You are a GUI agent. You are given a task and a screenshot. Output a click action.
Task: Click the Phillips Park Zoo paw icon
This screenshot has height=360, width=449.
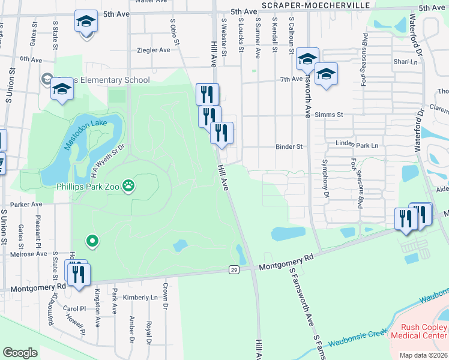point(128,186)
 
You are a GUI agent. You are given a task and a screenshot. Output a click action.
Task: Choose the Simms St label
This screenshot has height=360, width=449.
point(330,114)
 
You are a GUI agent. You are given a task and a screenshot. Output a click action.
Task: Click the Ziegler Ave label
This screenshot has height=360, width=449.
point(154,50)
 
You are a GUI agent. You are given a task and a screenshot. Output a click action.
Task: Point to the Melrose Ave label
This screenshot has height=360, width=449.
point(32,254)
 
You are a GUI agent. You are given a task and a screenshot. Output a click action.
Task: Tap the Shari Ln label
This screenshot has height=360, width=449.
point(405,62)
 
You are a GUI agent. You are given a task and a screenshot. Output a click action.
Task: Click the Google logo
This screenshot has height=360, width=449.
point(20,353)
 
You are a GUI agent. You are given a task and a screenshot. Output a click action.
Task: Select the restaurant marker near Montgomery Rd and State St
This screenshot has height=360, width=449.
point(78,275)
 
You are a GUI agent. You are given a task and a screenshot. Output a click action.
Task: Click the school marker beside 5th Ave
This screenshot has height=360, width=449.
point(86,22)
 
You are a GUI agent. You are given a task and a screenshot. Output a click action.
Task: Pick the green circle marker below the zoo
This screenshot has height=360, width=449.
point(92,241)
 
